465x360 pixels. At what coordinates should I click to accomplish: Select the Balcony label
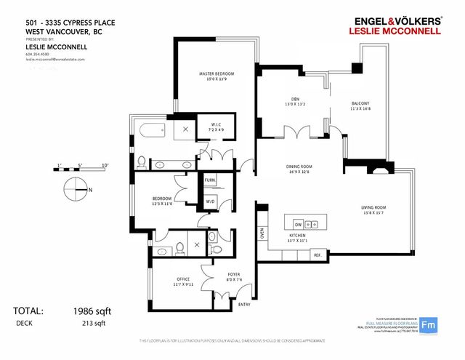360,103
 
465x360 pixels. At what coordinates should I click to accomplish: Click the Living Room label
373,209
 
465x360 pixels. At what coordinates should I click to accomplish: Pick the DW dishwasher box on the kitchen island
298,223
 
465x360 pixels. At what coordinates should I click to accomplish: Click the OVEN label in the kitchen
262,233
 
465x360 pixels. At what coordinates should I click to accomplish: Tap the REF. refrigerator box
317,255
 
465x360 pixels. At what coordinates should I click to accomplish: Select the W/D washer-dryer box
211,201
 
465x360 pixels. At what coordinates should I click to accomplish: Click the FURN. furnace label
210,180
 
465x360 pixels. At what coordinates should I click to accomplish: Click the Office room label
183,279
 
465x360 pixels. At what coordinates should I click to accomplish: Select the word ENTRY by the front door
243,305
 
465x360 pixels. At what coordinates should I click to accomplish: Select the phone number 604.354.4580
39,54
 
